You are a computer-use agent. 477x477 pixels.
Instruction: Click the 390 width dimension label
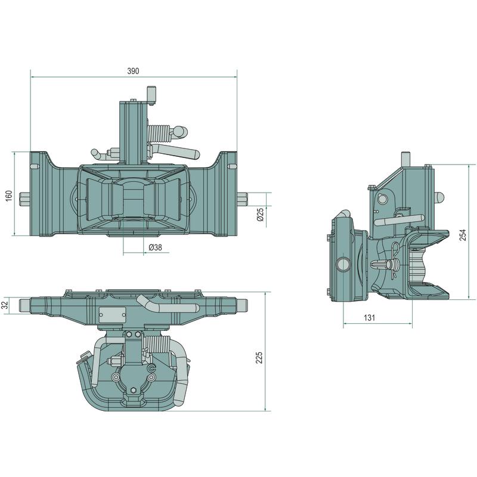(133, 71)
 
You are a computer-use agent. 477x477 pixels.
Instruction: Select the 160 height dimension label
(9, 196)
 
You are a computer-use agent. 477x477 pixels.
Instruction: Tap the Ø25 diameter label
(261, 215)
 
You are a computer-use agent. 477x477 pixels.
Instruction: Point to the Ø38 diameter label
(156, 247)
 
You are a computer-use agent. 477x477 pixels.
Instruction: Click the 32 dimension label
(5, 305)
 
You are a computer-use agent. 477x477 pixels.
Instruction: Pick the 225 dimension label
(259, 358)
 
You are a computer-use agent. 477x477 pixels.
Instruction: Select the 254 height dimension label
(463, 235)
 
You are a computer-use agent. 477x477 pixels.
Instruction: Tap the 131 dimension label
(369, 318)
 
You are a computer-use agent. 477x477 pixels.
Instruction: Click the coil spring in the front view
(159, 134)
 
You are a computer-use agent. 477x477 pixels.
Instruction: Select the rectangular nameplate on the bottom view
(112, 315)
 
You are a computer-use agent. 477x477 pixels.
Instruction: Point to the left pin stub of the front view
(24, 200)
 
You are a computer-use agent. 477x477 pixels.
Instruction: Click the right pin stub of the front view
(242, 200)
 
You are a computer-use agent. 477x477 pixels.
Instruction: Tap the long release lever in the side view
(399, 220)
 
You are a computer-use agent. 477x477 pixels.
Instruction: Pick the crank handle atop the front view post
(151, 95)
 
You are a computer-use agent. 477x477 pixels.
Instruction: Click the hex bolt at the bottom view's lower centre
(133, 391)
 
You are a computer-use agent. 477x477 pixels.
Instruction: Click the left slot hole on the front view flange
(35, 166)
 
